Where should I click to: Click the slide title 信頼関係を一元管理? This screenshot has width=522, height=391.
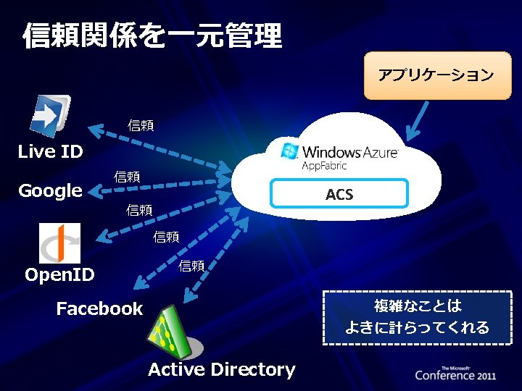[152, 35]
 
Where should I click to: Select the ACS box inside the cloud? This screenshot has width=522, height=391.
[339, 194]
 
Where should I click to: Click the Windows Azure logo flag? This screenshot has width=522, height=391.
[290, 151]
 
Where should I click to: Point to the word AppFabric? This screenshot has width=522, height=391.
[324, 166]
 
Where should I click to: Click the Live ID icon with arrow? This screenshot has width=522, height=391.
[51, 114]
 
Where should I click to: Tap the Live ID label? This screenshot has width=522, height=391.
[50, 151]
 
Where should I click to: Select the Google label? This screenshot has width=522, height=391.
[50, 190]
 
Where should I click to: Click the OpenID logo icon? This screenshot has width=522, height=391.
[59, 243]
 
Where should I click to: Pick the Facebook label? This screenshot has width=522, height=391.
[100, 309]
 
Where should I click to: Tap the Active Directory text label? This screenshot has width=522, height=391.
[222, 370]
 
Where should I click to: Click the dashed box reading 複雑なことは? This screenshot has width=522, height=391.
[418, 316]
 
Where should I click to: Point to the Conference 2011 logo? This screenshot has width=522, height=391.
[455, 373]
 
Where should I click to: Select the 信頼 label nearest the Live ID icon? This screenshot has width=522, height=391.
[141, 125]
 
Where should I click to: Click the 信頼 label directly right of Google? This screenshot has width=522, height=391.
[127, 177]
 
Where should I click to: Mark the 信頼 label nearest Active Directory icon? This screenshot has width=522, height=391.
[192, 266]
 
